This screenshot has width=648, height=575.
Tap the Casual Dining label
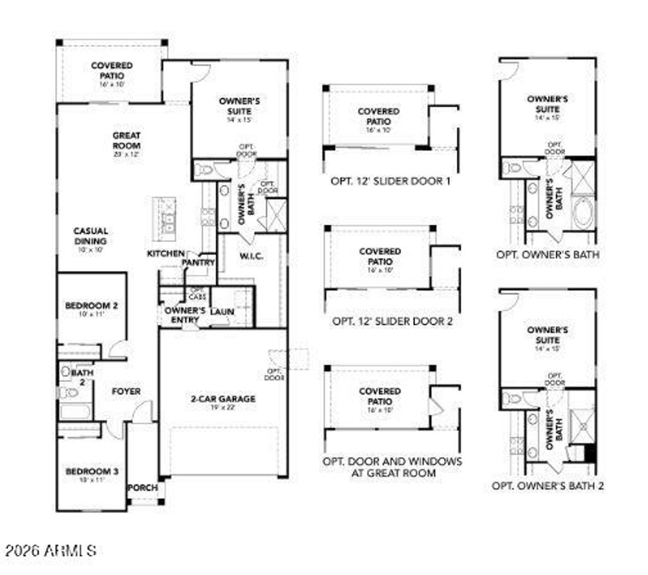(90, 236)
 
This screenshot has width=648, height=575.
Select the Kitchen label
(166, 253)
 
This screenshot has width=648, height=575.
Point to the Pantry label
(199, 262)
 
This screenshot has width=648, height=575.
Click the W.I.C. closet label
(251, 256)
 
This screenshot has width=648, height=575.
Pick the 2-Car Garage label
(223, 399)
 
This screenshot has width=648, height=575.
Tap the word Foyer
(126, 392)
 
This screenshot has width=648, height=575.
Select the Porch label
(143, 488)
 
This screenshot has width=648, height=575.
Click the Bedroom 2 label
(91, 306)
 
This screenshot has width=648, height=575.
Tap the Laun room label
(222, 312)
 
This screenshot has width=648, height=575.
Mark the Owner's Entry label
(184, 315)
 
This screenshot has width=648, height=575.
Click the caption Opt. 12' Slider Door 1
(390, 181)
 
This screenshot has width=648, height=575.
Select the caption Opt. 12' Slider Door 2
(392, 321)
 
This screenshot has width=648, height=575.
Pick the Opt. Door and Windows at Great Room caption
(392, 467)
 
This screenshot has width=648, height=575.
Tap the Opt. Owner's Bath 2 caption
(548, 486)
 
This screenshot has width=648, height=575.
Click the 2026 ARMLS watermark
(49, 550)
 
